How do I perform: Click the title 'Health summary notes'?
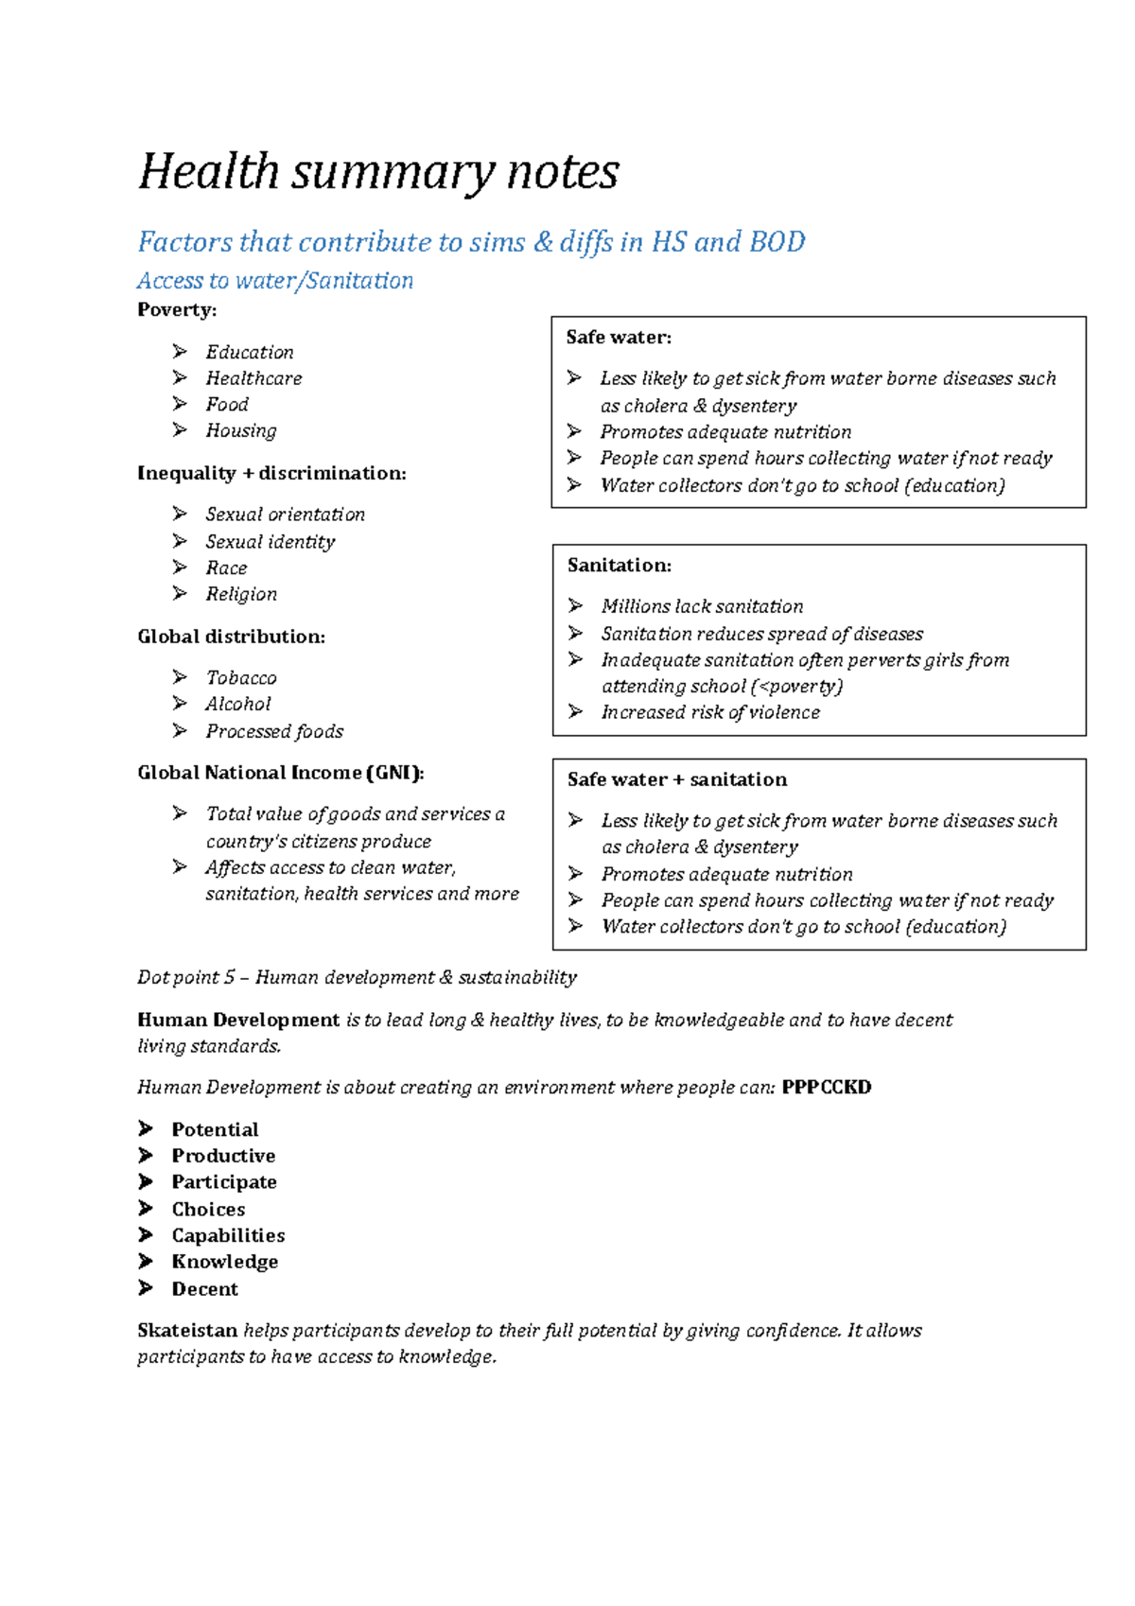378,173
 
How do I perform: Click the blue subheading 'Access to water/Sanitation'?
275,281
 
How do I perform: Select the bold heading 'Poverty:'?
177,310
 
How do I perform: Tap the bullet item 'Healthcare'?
253,378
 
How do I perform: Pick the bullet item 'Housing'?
241,430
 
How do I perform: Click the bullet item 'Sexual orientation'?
285,515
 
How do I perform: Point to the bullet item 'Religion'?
241,594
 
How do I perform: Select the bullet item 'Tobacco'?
241,678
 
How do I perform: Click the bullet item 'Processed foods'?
274,731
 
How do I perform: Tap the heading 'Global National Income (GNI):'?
281,773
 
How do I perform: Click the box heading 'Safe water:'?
619,338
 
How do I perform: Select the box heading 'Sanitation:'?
620,566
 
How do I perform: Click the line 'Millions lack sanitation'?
702,606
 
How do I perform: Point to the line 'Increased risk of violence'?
710,712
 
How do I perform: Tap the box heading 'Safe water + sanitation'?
677,779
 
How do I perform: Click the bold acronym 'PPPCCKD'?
827,1088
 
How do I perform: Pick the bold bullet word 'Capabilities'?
228,1235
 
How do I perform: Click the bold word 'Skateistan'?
187,1331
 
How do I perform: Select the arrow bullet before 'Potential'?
146,1128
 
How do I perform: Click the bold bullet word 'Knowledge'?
225,1262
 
